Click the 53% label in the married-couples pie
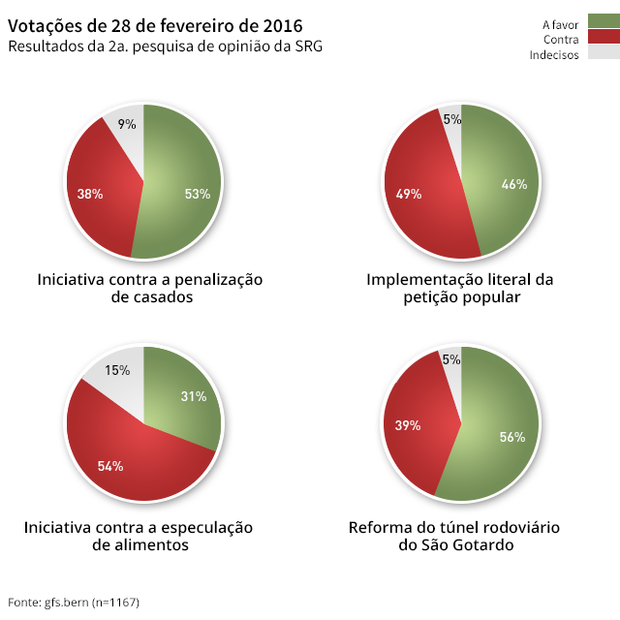click(x=197, y=194)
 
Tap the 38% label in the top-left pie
click(x=90, y=194)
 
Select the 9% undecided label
click(x=127, y=124)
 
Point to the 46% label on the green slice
click(x=514, y=184)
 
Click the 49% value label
click(x=408, y=194)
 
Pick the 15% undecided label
click(x=117, y=370)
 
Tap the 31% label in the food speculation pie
click(x=194, y=396)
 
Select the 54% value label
click(x=110, y=466)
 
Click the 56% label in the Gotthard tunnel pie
click(x=512, y=437)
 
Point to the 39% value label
click(x=408, y=425)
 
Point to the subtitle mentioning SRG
click(x=165, y=46)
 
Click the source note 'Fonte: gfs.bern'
click(x=74, y=603)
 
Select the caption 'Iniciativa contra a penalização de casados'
click(x=150, y=289)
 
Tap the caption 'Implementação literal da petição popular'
click(x=460, y=289)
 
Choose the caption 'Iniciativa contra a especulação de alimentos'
click(x=139, y=537)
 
